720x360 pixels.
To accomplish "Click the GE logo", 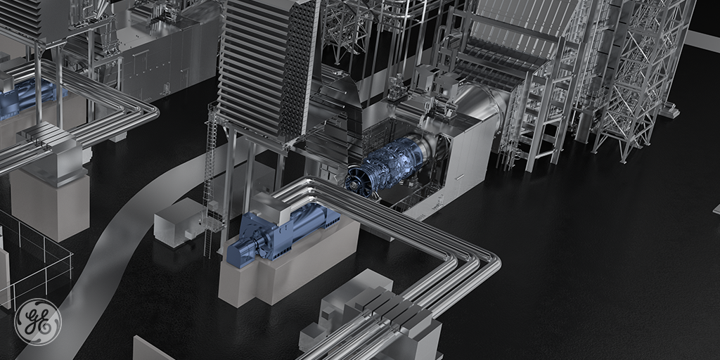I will point(38,322).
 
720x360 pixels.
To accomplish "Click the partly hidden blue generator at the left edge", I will point(28,97).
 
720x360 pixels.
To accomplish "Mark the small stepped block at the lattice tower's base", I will point(669,110).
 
